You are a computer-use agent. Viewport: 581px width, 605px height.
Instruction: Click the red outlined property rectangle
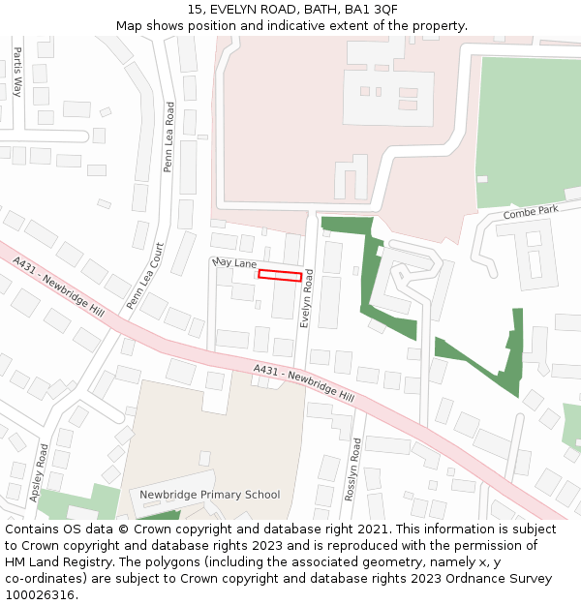pyautogui.click(x=279, y=275)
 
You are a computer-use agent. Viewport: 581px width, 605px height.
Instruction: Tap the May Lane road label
pyautogui.click(x=233, y=263)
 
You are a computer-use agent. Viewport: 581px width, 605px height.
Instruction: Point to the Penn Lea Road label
pyautogui.click(x=168, y=137)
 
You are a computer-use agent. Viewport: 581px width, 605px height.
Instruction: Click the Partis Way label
pyautogui.click(x=16, y=73)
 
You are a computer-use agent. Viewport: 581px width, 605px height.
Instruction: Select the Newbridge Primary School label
pyautogui.click(x=209, y=495)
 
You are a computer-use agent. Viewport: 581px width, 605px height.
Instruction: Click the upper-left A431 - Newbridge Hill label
pyautogui.click(x=58, y=287)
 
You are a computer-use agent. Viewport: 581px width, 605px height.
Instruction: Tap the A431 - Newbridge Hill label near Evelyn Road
pyautogui.click(x=303, y=383)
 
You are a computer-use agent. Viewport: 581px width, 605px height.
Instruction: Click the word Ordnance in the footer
pyautogui.click(x=453, y=579)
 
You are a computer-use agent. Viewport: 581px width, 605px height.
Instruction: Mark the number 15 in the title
pyautogui.click(x=195, y=10)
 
